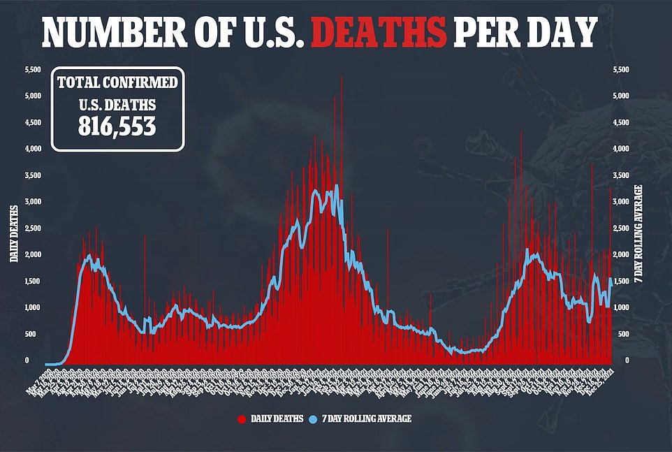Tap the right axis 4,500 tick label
tap(621, 123)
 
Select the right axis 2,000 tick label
tap(621, 255)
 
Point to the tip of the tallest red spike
tap(342, 77)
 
